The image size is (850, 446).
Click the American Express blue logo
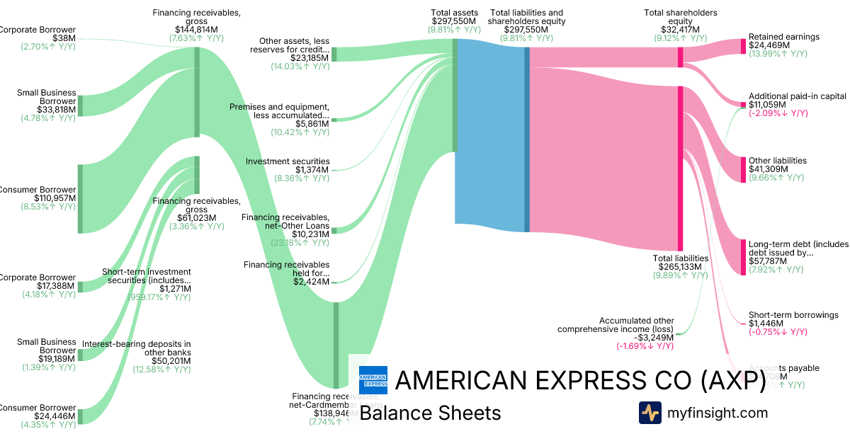(x=373, y=380)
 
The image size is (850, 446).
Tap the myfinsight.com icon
(x=650, y=413)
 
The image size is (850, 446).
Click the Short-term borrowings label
(x=793, y=315)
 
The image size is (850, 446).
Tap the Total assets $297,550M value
(x=454, y=21)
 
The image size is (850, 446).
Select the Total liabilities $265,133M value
(x=680, y=267)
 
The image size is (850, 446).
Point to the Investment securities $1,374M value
(x=312, y=170)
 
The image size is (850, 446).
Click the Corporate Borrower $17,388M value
(x=56, y=287)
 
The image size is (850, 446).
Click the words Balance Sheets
(x=430, y=413)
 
